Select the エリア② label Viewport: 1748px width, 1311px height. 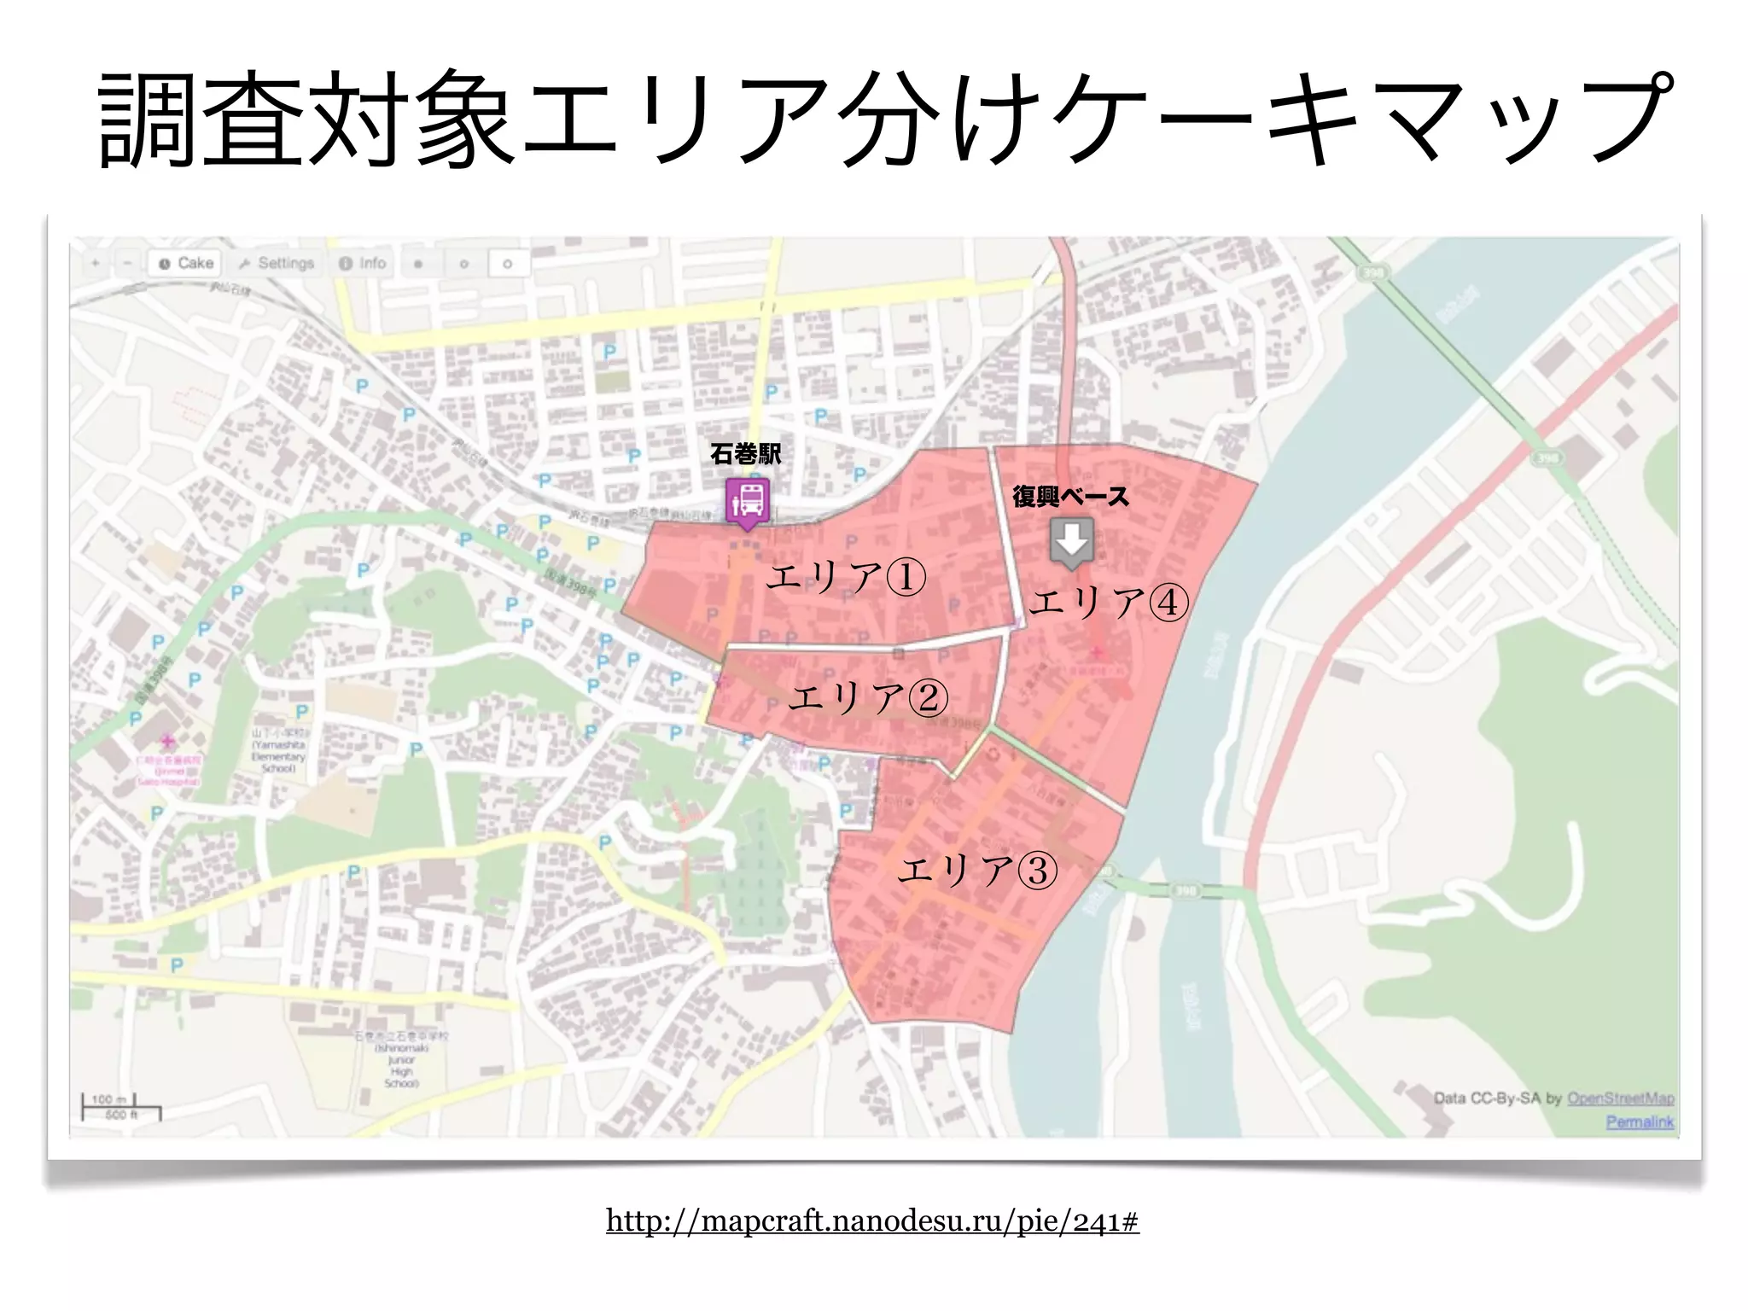tap(868, 698)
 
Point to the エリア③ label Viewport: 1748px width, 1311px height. tap(978, 870)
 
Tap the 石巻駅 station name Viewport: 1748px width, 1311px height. tap(745, 454)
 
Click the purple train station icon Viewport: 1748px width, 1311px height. tap(748, 501)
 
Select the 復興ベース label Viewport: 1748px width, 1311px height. tap(1070, 496)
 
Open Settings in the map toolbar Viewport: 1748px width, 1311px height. tap(277, 263)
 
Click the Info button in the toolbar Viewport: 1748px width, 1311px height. tap(363, 263)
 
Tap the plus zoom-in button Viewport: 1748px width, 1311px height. tap(96, 263)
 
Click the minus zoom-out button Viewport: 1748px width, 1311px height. tap(127, 263)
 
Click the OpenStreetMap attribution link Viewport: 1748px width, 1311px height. tap(1620, 1098)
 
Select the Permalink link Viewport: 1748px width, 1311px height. tap(1640, 1122)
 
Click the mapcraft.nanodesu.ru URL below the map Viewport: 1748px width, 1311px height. tap(872, 1221)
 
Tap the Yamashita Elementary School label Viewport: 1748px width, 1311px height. tap(278, 750)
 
